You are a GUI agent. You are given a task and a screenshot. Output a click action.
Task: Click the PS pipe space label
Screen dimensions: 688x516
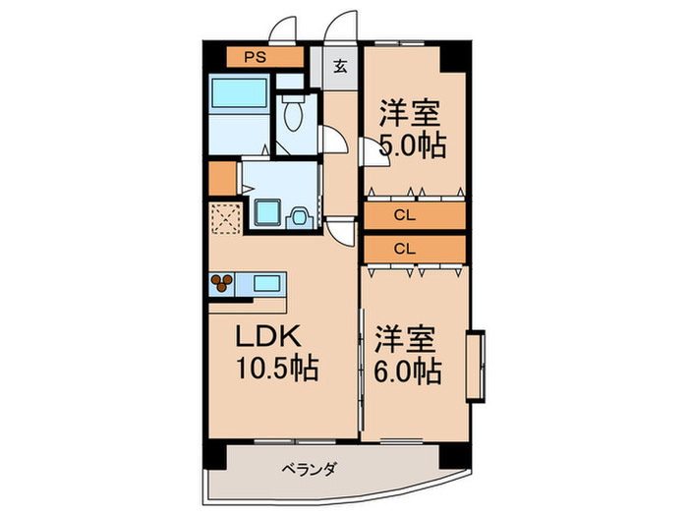(x=255, y=57)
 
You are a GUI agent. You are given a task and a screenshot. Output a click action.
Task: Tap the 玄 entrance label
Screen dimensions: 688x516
(x=340, y=67)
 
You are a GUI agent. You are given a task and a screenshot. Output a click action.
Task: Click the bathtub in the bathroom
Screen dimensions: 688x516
(x=239, y=92)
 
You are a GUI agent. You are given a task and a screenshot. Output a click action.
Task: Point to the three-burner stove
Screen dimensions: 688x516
(x=221, y=283)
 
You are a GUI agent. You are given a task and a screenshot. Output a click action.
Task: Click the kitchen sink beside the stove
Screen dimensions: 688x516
(x=266, y=283)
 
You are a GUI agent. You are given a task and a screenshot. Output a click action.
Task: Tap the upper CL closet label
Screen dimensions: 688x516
(x=405, y=215)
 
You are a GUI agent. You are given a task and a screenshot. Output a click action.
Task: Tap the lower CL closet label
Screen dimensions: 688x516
(x=405, y=250)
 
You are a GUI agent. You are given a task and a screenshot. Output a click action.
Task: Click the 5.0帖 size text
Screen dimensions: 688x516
(x=413, y=145)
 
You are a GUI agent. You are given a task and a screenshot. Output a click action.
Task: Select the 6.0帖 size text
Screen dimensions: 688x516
(x=408, y=373)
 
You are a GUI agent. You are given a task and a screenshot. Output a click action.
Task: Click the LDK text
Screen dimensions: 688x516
(x=268, y=337)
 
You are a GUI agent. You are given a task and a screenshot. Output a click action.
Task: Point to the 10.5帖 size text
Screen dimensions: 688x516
(x=277, y=368)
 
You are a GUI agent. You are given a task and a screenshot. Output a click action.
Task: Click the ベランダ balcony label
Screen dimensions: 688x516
(x=309, y=469)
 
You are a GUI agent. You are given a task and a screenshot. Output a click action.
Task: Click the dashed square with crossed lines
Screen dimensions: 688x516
(x=225, y=218)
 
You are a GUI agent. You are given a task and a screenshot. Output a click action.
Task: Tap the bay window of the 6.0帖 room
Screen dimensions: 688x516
(x=475, y=366)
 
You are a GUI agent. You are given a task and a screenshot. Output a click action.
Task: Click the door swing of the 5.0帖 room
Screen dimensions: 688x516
(x=373, y=152)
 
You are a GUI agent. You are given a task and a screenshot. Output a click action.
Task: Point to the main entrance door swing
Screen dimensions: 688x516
(x=341, y=27)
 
